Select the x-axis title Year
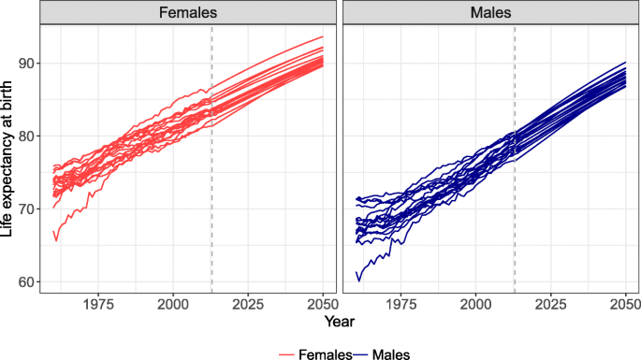coord(336,322)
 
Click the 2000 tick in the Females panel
coord(173,304)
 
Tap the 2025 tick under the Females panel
coord(247,304)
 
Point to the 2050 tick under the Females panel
coord(322,304)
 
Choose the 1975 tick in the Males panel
coord(401,304)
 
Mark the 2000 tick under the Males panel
coord(476,304)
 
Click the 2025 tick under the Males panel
coord(550,304)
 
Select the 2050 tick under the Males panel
coord(624,304)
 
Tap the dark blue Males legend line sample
coord(361,353)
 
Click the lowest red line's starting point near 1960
coord(53,230)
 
